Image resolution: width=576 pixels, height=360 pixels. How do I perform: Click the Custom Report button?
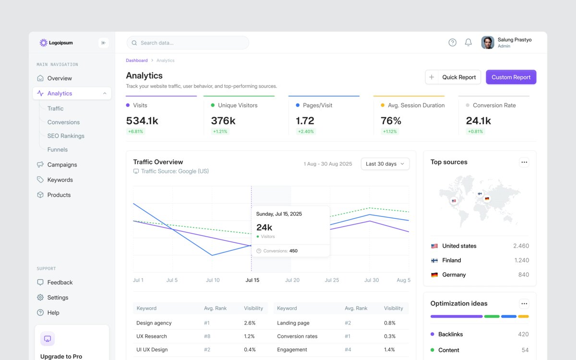tap(511, 77)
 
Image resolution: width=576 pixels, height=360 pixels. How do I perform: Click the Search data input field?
tap(188, 43)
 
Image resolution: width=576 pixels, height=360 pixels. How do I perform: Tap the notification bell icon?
tap(468, 42)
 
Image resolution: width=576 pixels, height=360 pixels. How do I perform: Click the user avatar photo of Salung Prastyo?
tap(488, 42)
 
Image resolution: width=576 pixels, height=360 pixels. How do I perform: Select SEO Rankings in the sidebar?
tap(66, 136)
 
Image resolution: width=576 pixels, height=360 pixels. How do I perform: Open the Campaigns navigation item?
tap(62, 165)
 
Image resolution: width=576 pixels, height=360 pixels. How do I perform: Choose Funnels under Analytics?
tap(57, 149)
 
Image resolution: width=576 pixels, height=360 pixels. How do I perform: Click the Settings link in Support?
tap(58, 298)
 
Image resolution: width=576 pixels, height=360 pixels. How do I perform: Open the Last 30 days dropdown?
tap(385, 164)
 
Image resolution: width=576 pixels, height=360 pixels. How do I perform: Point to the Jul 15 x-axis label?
tap(252, 280)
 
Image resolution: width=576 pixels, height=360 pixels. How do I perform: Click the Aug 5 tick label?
tap(404, 280)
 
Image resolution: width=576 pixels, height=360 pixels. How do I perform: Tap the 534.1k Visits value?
tap(142, 120)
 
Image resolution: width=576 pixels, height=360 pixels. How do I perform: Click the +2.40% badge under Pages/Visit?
tap(306, 132)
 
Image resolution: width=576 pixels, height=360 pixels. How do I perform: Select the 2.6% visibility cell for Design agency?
tap(250, 323)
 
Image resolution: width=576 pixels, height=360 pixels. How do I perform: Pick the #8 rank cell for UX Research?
tap(207, 336)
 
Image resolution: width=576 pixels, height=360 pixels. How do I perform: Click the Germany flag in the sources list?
tap(434, 275)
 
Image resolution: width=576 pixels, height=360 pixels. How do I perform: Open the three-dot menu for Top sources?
tap(524, 162)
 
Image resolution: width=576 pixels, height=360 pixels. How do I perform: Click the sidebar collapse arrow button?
tap(103, 43)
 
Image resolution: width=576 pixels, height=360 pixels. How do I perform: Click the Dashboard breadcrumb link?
tap(136, 60)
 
